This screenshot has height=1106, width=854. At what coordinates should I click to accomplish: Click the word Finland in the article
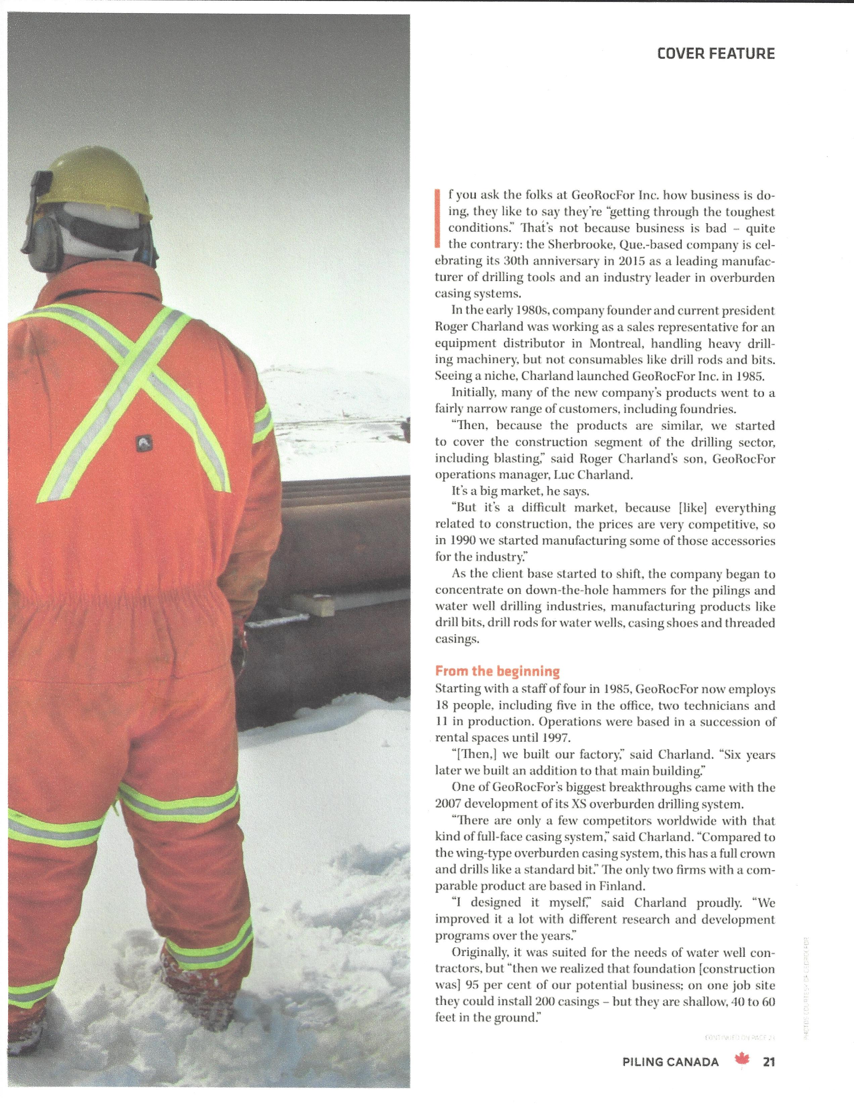[x=623, y=886]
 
